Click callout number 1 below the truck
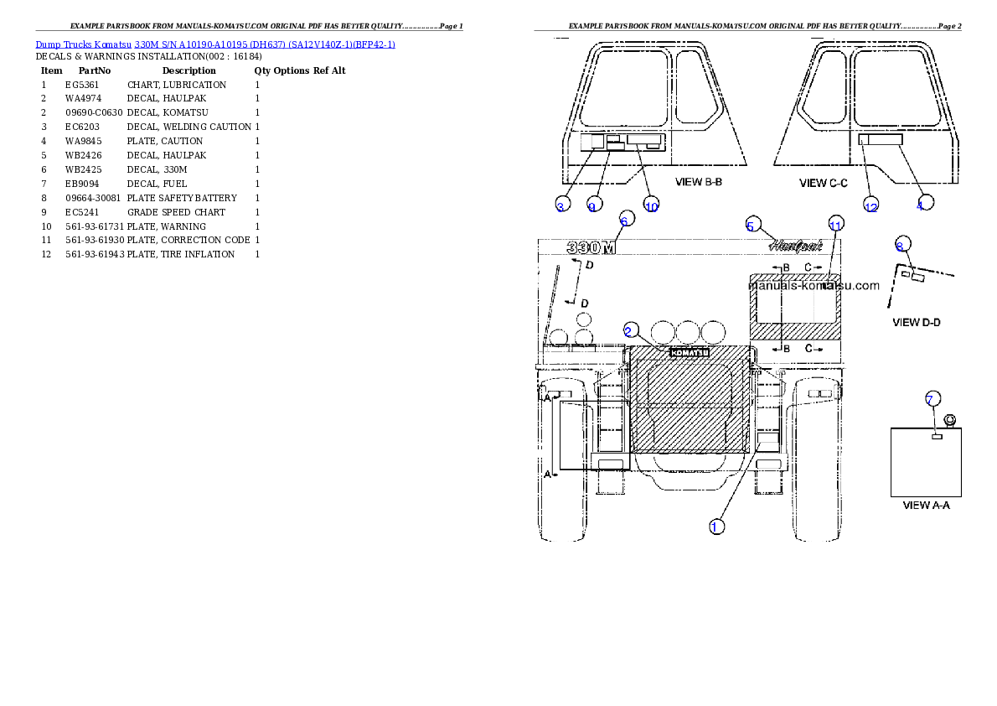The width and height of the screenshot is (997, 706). (x=715, y=527)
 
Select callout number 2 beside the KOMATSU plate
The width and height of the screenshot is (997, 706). (x=629, y=330)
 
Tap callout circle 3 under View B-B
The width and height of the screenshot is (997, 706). (x=560, y=205)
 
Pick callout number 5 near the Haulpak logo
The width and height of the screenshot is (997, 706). (x=752, y=226)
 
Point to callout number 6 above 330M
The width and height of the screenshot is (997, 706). (x=623, y=221)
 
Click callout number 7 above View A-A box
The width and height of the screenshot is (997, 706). (x=930, y=398)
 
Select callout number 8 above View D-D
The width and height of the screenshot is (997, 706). (x=901, y=246)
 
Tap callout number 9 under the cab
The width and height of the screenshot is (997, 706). (x=592, y=205)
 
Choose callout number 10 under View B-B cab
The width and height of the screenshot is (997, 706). (x=652, y=205)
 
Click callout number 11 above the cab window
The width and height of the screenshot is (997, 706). (x=834, y=225)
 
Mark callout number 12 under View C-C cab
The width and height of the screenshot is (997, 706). (x=871, y=206)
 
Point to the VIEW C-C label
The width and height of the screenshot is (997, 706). (x=824, y=182)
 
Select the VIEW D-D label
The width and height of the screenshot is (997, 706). (x=917, y=322)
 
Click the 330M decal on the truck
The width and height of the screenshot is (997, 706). (x=591, y=248)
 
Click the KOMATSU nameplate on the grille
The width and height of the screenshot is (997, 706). (x=690, y=352)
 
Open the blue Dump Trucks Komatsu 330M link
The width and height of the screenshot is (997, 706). (x=215, y=43)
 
